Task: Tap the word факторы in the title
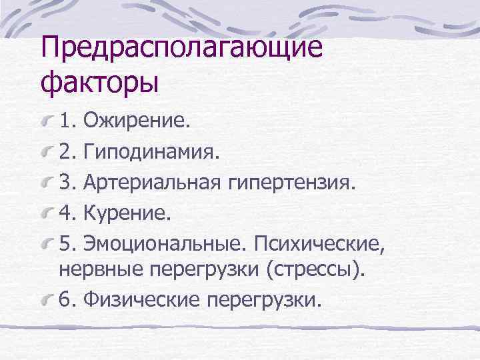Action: click(100, 84)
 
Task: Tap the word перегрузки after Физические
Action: click(265, 300)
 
